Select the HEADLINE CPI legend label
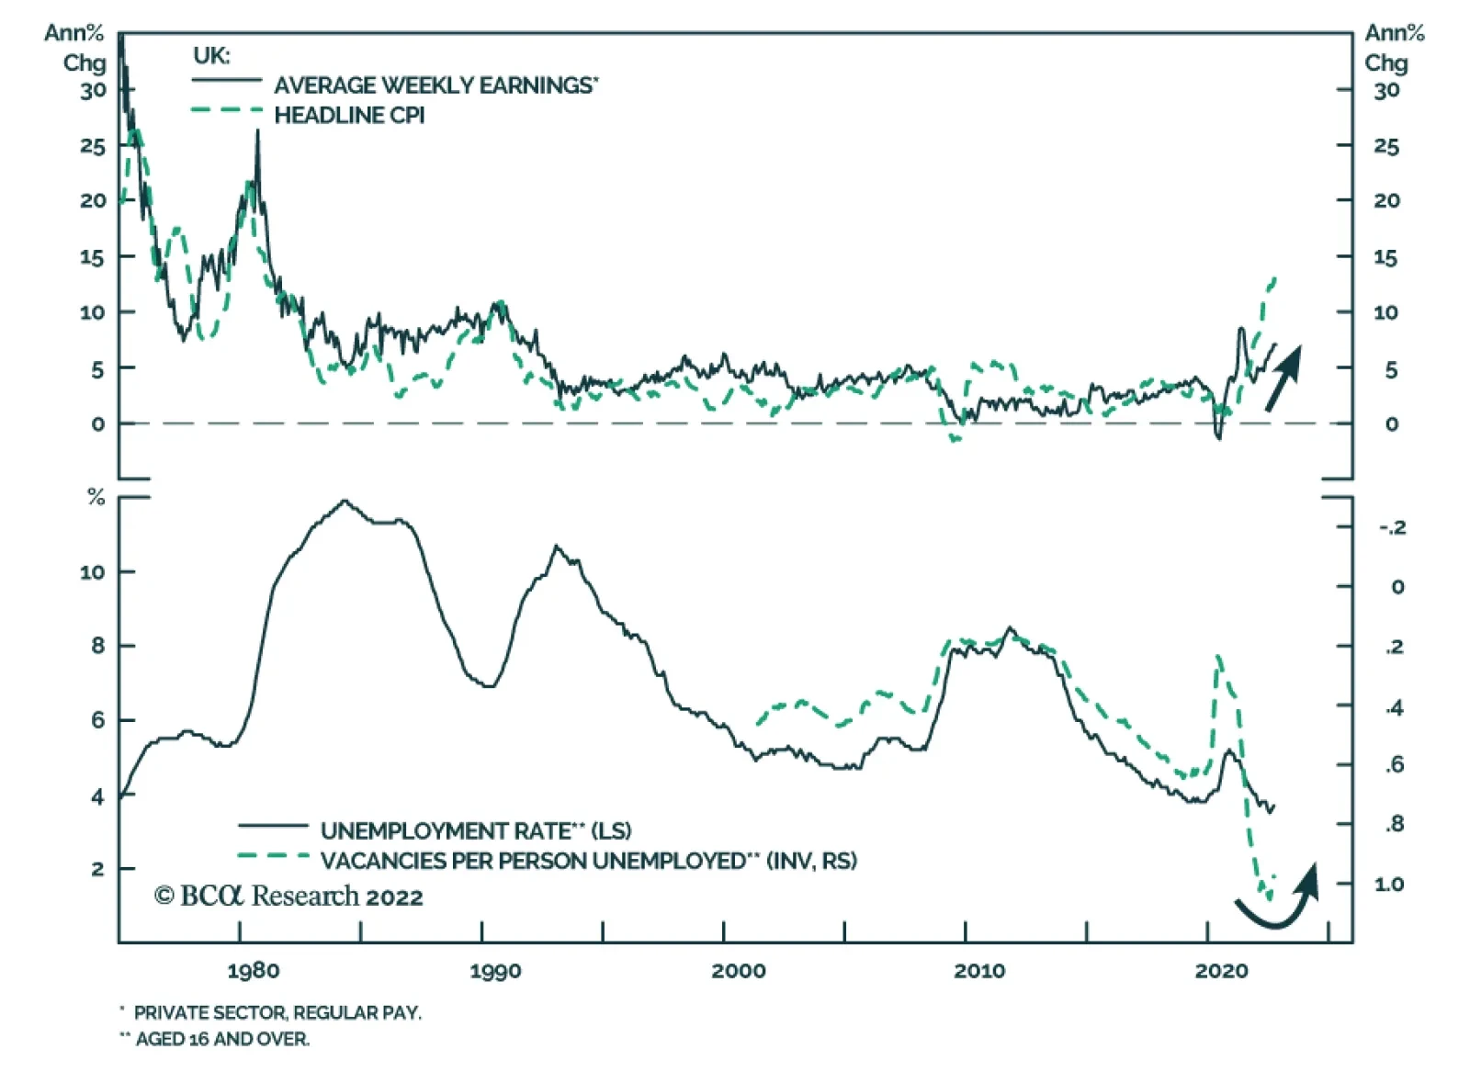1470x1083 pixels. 349,116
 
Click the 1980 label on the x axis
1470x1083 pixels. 254,971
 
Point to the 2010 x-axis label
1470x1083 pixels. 979,971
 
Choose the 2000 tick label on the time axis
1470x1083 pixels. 738,971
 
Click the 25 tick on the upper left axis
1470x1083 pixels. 93,146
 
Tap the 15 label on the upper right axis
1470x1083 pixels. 1386,258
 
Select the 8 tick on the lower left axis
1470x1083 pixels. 98,646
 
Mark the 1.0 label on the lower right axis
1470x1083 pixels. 1389,884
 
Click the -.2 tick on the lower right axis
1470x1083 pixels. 1392,527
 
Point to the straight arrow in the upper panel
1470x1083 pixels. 1284,377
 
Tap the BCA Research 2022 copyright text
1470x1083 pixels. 288,897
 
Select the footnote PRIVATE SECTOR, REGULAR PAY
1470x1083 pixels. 277,1013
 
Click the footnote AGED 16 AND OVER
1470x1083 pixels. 222,1040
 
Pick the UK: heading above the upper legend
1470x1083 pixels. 211,55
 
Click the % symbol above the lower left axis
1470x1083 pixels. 96,498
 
